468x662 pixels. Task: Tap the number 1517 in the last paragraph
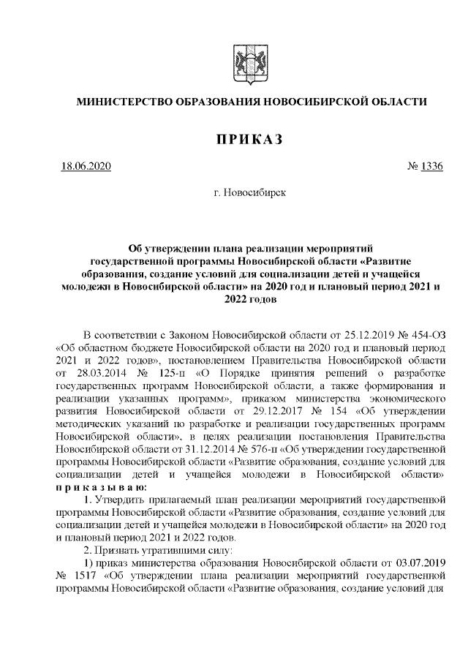tap(85, 579)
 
